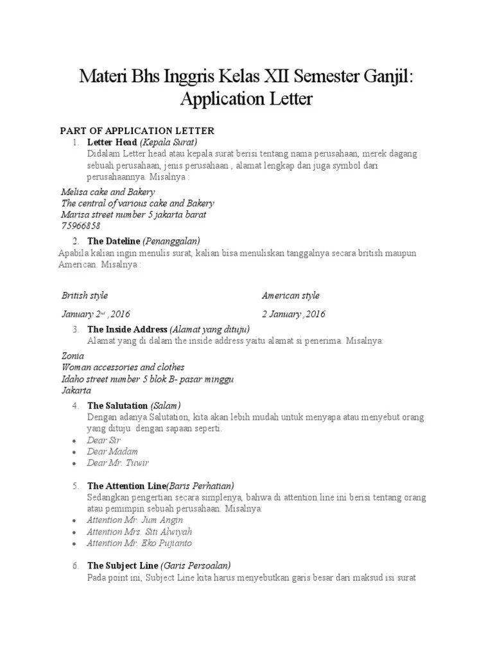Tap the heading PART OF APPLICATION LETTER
[137, 131]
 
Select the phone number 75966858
[81, 226]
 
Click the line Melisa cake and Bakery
[108, 192]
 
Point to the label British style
[85, 296]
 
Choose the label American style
[291, 296]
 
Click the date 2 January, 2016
[293, 314]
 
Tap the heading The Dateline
[114, 241]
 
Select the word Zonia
[73, 355]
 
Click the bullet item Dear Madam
[112, 452]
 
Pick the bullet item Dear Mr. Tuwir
[117, 463]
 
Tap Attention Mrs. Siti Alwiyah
[139, 532]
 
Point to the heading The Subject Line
[123, 566]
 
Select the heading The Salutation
[117, 405]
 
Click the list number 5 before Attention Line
[76, 486]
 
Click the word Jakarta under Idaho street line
[76, 390]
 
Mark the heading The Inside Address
[128, 329]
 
